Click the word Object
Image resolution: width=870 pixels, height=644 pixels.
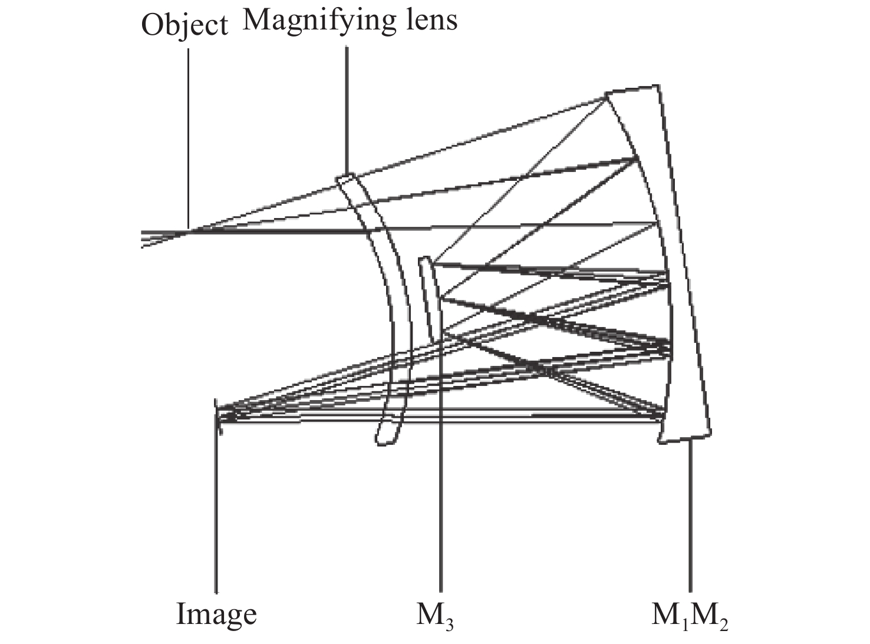coord(184,26)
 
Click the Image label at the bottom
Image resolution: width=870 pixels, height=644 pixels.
coord(216,615)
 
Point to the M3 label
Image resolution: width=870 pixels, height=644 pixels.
coord(435,616)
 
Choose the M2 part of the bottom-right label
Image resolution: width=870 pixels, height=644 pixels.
coord(709,616)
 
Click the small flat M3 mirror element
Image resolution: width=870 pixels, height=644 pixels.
coord(429,298)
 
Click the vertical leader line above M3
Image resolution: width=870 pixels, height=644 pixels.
coord(440,471)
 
